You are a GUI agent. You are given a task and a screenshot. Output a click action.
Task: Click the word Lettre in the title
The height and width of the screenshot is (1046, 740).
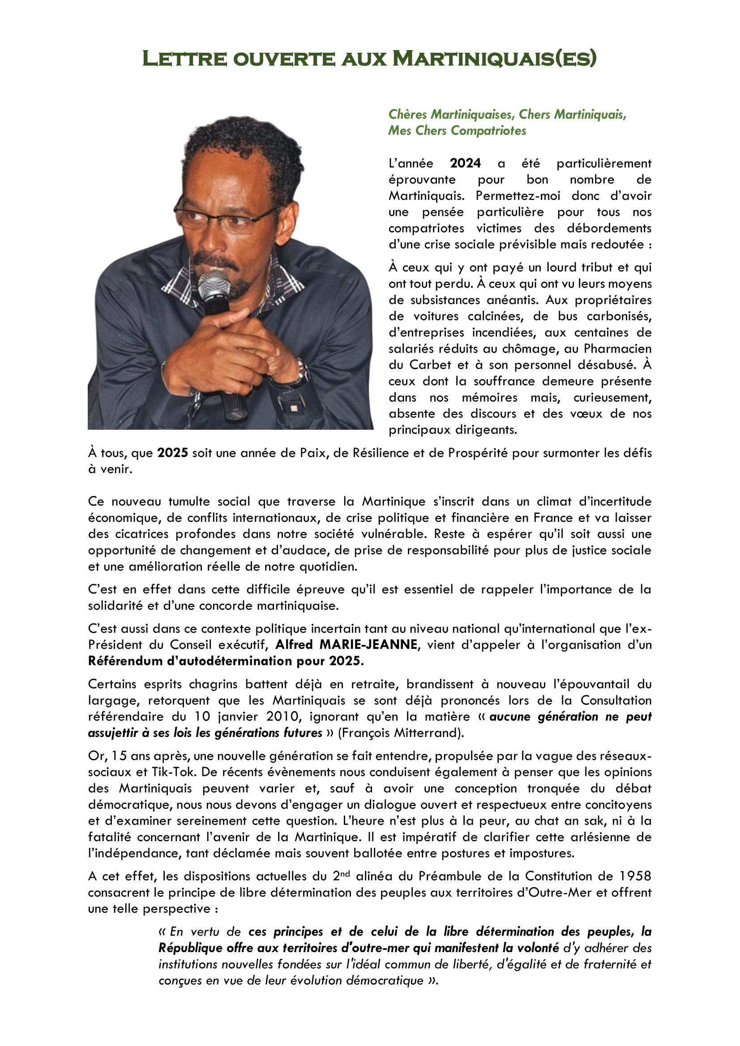[x=184, y=59]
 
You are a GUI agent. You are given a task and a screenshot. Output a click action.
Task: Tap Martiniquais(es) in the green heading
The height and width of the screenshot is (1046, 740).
[x=494, y=59]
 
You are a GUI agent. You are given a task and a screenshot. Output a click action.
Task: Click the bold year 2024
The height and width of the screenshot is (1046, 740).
[x=465, y=163]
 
